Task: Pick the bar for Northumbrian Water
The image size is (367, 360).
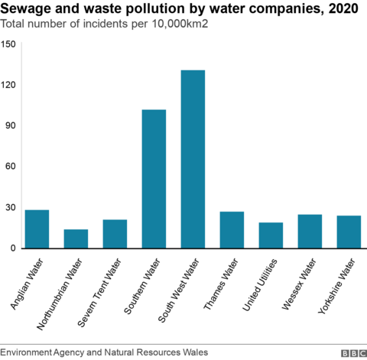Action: (x=76, y=238)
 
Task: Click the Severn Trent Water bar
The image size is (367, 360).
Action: (x=115, y=234)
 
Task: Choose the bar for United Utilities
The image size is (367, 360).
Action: (x=271, y=235)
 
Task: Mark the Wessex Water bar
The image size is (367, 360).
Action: (x=310, y=231)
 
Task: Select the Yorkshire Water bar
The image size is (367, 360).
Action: (x=349, y=232)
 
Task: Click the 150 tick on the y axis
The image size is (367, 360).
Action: (x=8, y=44)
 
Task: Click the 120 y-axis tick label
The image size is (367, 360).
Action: (x=8, y=85)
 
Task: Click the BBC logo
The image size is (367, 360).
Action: (x=352, y=352)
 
